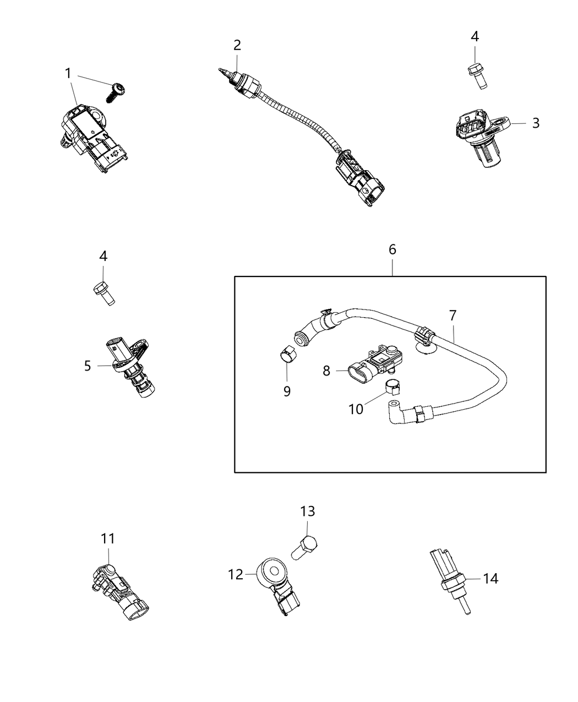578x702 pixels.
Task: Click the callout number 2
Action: [237, 45]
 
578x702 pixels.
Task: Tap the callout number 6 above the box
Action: [392, 249]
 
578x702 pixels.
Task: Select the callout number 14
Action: [490, 579]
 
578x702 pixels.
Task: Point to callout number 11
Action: [108, 538]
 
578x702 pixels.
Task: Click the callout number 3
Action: [536, 123]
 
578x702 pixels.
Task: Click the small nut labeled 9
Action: [285, 353]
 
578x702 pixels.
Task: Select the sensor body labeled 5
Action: [132, 366]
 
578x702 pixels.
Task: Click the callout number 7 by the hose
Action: [452, 316]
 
